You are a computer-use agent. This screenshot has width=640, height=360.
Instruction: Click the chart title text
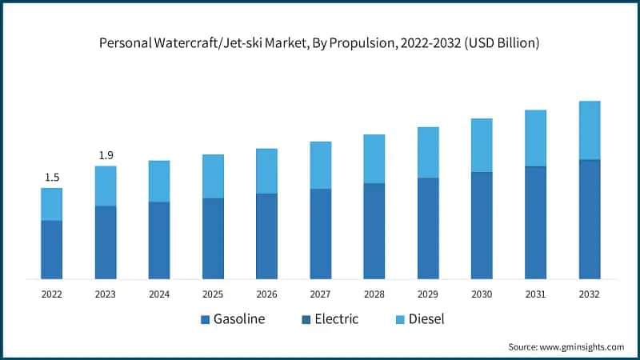pos(319,43)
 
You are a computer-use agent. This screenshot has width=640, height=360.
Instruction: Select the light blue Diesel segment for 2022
pos(52,204)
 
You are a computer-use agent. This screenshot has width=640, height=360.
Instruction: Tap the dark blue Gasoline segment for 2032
pos(589,219)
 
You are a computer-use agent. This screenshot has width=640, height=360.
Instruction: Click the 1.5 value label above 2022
pos(52,177)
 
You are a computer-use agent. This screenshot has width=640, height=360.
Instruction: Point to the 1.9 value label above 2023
pos(106,155)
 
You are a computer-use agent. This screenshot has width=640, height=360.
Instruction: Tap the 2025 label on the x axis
pos(213,294)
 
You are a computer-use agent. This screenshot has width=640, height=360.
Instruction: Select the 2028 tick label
pos(374,294)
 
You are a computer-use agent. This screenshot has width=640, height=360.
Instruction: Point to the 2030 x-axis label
pos(482,294)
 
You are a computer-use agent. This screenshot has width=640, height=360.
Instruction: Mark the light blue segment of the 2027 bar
pos(320,165)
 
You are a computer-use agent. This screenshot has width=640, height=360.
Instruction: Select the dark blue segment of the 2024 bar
pos(159,240)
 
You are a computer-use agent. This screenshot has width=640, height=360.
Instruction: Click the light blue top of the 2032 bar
pos(589,130)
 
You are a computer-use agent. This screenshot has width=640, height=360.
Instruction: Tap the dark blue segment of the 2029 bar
pos(428,228)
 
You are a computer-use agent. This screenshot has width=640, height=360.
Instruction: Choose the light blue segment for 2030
pos(482,145)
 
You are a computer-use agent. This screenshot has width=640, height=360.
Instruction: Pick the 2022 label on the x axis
pos(52,294)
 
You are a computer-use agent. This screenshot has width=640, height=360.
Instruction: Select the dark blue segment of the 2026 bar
pos(266,236)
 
